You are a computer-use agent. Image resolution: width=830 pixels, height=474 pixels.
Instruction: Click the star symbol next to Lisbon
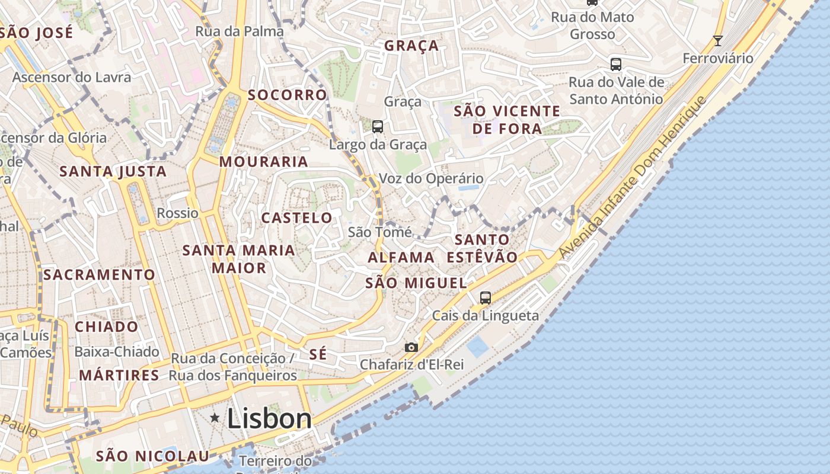[x=215, y=418]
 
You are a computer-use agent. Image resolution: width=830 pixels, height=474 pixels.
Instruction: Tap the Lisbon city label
[x=269, y=418]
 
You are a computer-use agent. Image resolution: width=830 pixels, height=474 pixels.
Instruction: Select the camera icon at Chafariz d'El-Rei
[x=411, y=347]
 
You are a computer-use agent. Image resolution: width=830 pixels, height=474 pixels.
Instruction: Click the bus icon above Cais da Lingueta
[x=486, y=297]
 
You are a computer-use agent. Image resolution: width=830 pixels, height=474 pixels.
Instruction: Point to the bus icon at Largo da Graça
[x=378, y=126]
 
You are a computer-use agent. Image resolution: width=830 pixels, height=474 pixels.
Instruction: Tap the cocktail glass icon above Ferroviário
[x=718, y=41]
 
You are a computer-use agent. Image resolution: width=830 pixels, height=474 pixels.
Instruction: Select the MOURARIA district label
[x=264, y=162]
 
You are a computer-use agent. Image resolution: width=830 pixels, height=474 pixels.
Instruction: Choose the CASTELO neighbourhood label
[x=297, y=217]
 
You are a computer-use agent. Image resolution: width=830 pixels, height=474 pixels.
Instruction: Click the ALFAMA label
[x=401, y=257]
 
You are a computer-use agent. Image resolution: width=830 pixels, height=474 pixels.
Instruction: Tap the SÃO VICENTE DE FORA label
[x=507, y=120]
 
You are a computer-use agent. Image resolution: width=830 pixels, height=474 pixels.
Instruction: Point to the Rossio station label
[x=177, y=213]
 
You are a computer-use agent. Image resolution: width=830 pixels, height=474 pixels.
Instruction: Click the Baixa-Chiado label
[x=117, y=352]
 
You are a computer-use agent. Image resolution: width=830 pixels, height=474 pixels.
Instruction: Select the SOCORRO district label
[x=288, y=95]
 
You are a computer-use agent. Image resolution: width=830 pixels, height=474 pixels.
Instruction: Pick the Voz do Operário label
[x=431, y=178]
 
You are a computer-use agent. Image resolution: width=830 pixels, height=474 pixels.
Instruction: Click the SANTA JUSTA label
[x=113, y=172]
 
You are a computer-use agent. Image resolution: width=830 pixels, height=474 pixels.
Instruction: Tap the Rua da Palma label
[x=240, y=31]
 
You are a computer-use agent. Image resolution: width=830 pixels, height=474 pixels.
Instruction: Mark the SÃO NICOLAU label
[x=152, y=456]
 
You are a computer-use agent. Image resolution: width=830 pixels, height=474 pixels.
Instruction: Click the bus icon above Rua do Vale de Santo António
[x=616, y=64]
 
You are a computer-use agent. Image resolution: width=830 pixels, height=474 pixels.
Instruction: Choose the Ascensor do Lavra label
[x=72, y=77]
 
